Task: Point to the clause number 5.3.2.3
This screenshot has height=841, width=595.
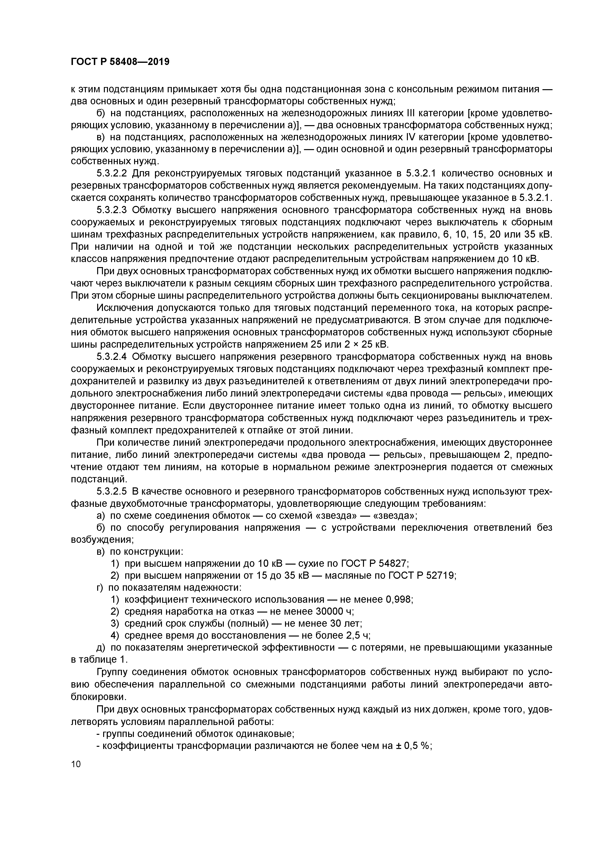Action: click(x=112, y=210)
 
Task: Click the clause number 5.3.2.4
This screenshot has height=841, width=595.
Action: click(x=112, y=356)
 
